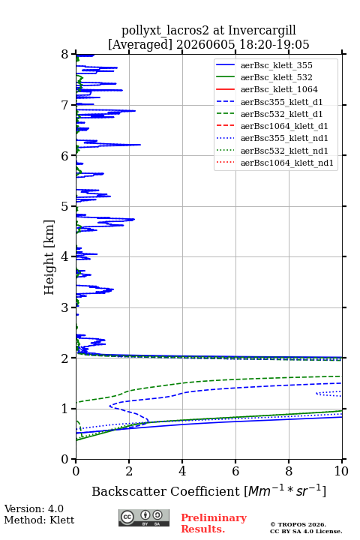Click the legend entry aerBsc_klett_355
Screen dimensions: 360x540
click(276, 65)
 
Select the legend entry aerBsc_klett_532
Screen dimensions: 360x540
click(276, 77)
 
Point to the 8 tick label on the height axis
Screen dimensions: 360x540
click(65, 55)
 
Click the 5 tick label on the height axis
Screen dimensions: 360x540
click(65, 207)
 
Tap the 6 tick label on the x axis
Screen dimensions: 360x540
click(235, 471)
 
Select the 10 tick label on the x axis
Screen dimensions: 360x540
click(341, 471)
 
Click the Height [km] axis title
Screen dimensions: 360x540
click(49, 257)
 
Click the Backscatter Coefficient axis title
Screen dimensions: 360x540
click(208, 491)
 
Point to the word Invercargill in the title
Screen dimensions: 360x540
click(262, 31)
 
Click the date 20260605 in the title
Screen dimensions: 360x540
click(205, 44)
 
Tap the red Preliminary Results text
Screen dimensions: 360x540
click(214, 523)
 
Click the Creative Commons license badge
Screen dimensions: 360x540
click(144, 517)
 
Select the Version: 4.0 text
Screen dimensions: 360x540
click(34, 508)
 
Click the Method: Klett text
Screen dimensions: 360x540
click(39, 520)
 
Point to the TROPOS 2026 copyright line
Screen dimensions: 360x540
click(298, 524)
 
